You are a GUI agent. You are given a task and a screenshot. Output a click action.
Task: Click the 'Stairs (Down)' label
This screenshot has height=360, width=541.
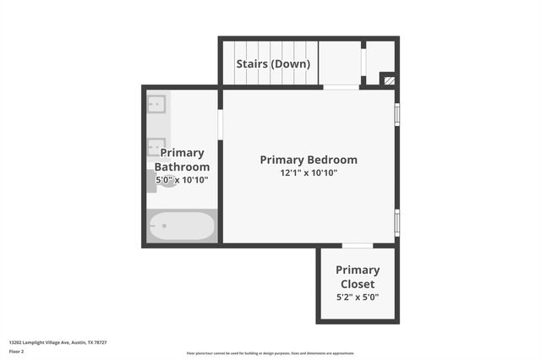[x=272, y=63]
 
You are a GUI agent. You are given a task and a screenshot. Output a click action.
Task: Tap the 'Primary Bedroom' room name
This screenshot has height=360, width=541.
[x=309, y=159]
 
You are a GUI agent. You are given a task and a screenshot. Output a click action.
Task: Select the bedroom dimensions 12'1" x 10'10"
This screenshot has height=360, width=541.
[x=309, y=173]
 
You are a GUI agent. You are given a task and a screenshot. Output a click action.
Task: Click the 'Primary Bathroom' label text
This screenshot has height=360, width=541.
[x=182, y=160]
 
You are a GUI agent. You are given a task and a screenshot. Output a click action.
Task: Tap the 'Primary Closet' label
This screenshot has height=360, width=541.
[x=358, y=276]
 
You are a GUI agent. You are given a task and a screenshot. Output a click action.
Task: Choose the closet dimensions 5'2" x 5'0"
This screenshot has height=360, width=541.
[x=358, y=297]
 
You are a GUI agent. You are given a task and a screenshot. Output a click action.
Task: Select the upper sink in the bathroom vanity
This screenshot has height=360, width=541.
[x=156, y=104]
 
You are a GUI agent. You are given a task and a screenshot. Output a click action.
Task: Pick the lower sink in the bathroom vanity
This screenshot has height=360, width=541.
[x=156, y=147]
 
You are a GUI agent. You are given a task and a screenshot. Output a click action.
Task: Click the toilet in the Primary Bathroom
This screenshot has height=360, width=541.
[x=166, y=180]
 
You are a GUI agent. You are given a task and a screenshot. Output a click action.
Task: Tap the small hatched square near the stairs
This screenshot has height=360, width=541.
[x=388, y=81]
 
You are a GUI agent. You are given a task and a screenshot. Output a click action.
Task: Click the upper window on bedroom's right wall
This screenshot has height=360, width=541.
[x=397, y=114]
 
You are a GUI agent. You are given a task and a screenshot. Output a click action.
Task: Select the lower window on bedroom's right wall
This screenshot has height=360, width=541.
[x=397, y=221]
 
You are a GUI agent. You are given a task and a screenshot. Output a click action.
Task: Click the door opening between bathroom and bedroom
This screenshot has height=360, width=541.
[x=221, y=123]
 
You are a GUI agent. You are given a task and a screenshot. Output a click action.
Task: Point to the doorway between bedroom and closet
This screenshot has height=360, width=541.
[x=358, y=246]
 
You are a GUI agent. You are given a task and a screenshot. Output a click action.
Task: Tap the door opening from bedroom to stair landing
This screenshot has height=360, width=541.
[x=341, y=87]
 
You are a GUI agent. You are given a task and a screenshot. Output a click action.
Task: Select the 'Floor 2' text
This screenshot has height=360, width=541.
[x=16, y=351]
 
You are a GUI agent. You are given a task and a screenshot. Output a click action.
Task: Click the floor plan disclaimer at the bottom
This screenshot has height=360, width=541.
[x=270, y=353]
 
